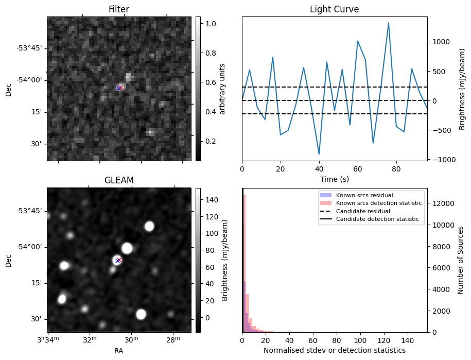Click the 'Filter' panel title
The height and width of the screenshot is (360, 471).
(118, 9)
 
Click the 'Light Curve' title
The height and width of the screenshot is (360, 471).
(334, 9)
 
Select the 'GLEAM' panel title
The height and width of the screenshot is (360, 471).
(118, 180)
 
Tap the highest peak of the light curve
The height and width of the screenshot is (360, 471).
(388, 23)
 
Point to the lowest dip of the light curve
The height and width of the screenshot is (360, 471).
(319, 154)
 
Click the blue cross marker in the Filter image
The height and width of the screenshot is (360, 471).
(118, 88)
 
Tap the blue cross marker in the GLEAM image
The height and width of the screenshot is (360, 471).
(117, 261)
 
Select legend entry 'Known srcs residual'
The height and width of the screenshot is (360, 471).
(364, 196)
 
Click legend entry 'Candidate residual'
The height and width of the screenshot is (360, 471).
(363, 212)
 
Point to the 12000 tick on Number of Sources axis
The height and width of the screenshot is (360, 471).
(443, 203)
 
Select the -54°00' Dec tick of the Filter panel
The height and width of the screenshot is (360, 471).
(32, 80)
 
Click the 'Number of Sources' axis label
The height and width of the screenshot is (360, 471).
(461, 260)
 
